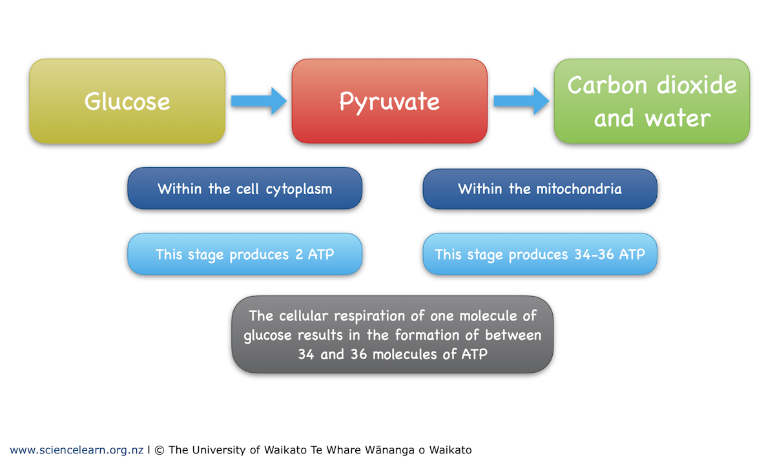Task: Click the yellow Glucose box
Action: [x=127, y=101]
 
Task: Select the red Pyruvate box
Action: [x=389, y=101]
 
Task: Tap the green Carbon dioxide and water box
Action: [x=652, y=101]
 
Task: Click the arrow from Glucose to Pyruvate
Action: [x=258, y=101]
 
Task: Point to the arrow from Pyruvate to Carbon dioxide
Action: [x=521, y=101]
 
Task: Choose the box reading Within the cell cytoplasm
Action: [x=245, y=188]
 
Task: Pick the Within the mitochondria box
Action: [x=540, y=189]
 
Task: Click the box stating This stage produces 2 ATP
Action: [x=245, y=254]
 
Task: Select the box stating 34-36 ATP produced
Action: [x=540, y=254]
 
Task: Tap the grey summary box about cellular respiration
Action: [x=393, y=335]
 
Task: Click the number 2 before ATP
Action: [x=300, y=254]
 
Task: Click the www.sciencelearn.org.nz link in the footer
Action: [x=76, y=450]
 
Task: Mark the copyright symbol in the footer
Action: [x=159, y=450]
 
